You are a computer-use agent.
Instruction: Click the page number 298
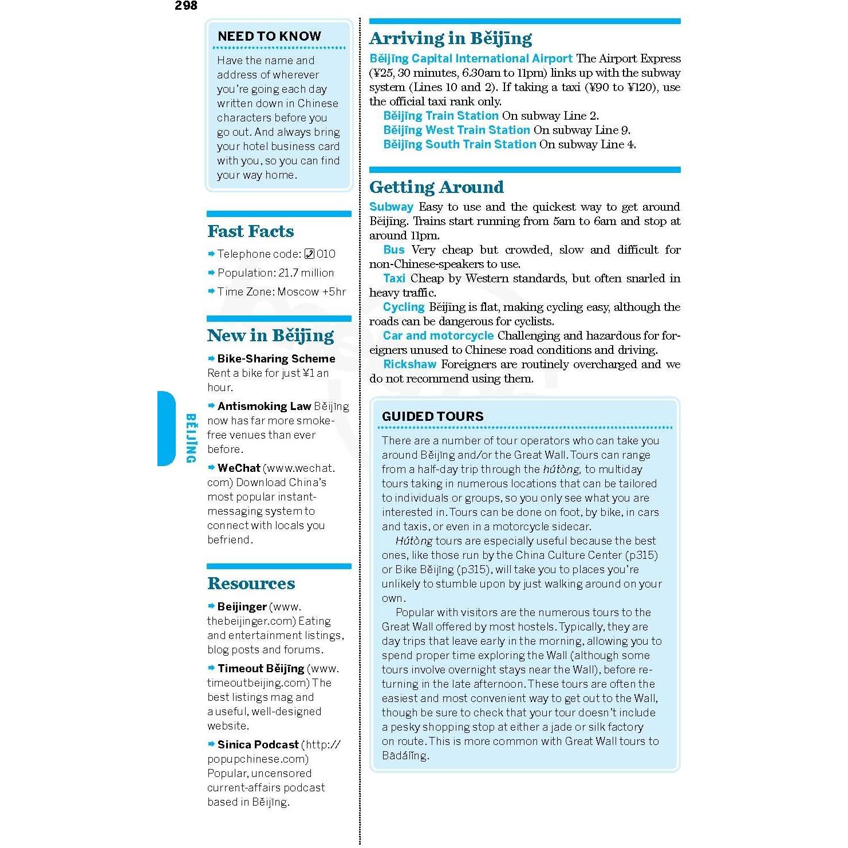186,6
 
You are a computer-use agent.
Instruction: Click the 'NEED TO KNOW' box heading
269,36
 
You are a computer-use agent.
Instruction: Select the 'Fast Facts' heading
250,231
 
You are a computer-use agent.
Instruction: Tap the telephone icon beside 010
309,254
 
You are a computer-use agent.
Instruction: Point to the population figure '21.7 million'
306,273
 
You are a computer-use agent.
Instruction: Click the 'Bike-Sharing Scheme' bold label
276,358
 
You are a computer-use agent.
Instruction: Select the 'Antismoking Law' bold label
264,406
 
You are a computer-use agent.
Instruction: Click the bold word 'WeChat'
239,468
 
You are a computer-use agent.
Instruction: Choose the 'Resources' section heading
251,583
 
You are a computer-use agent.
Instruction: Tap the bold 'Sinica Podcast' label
258,744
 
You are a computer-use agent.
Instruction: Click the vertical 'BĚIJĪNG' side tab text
191,438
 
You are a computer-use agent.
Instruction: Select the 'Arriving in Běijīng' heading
451,38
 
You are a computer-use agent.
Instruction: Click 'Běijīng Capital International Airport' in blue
471,58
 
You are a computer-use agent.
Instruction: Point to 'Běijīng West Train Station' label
456,130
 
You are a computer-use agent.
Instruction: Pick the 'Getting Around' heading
436,187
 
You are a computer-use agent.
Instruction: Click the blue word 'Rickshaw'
409,364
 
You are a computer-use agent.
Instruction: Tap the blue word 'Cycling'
404,307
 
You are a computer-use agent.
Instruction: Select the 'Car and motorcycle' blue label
438,336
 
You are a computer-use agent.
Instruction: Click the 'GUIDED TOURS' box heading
432,416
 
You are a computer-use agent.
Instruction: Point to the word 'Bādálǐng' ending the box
404,755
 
